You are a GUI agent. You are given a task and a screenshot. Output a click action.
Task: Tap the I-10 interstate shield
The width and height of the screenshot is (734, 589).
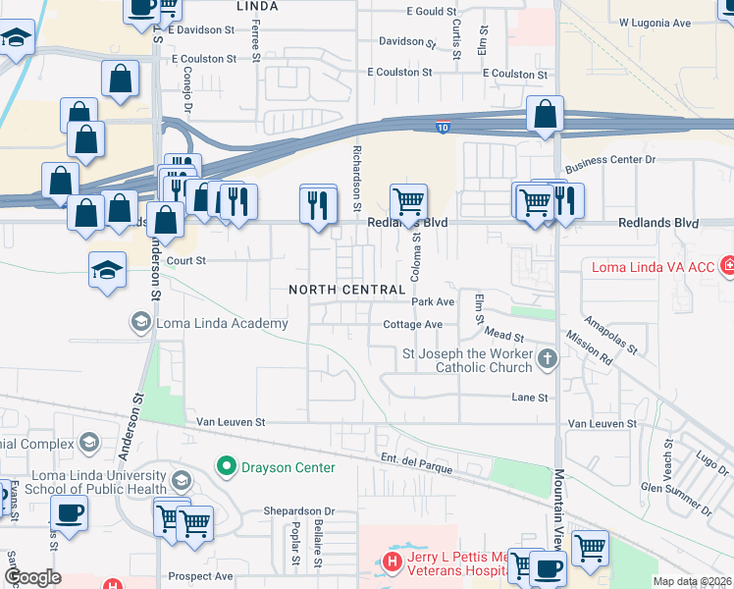(444, 128)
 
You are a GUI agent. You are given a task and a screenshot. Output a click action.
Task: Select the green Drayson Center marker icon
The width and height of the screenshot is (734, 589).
(228, 466)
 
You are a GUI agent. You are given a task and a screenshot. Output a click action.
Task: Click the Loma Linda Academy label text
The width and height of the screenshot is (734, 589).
(222, 323)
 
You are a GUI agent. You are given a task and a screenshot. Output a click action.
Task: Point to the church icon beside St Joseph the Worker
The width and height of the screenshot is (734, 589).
(549, 360)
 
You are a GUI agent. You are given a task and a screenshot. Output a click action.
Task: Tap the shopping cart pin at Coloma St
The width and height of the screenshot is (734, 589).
(408, 202)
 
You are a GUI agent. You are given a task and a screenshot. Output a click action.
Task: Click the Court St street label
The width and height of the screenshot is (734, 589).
(186, 261)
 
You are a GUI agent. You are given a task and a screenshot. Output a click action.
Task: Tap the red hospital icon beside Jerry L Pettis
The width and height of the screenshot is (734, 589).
(392, 562)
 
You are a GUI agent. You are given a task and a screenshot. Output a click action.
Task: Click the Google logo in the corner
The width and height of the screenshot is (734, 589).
(32, 577)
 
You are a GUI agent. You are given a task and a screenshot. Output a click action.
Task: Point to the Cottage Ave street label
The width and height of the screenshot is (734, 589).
(412, 324)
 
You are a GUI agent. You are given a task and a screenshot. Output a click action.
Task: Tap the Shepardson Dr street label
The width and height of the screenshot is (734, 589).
(298, 511)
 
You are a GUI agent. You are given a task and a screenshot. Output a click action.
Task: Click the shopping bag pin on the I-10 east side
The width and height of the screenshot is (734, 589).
(544, 114)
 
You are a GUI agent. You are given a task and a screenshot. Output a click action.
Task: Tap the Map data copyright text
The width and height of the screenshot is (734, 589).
(691, 581)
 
